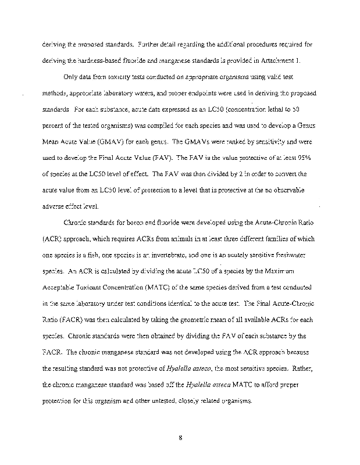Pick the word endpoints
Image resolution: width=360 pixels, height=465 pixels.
click(x=197, y=93)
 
